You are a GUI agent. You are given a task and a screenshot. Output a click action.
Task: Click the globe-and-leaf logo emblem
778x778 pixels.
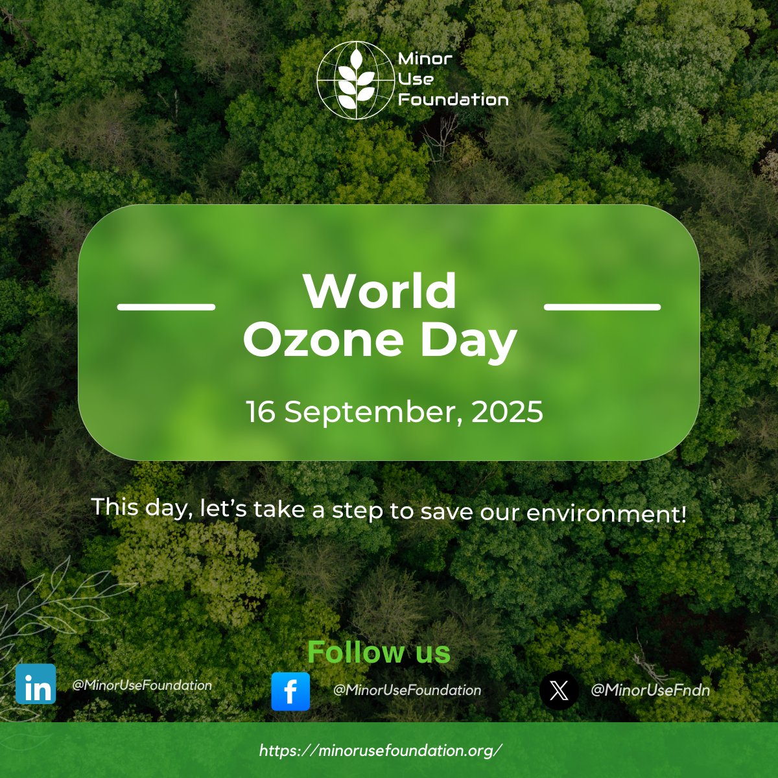(355, 80)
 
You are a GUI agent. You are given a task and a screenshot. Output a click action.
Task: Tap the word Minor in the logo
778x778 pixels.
(425, 59)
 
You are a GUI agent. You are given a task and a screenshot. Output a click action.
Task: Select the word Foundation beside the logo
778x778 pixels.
(453, 100)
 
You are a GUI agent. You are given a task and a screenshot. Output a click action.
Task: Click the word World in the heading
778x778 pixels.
(380, 291)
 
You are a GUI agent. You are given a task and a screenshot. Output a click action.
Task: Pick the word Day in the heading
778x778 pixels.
(468, 341)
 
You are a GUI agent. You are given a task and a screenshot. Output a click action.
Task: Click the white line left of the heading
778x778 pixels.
(166, 307)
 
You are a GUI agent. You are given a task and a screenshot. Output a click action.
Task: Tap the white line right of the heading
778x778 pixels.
(602, 307)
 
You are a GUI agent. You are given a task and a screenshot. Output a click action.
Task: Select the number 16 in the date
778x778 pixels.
(260, 412)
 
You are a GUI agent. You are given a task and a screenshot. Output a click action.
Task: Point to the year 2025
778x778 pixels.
(507, 412)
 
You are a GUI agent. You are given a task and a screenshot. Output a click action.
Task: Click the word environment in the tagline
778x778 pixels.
(606, 513)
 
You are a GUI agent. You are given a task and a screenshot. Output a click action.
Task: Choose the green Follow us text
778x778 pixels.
(379, 652)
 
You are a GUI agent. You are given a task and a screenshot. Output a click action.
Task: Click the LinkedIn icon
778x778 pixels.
(36, 684)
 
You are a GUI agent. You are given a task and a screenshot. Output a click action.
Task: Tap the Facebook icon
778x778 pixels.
(290, 691)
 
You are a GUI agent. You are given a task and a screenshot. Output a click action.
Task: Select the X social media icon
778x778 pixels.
(559, 690)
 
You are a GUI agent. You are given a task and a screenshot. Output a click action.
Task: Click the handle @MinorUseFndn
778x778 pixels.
(650, 690)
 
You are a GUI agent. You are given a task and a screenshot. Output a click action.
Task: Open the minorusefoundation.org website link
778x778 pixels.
(381, 751)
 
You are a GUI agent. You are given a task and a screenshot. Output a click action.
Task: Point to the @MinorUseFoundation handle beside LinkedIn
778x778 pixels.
(142, 685)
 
